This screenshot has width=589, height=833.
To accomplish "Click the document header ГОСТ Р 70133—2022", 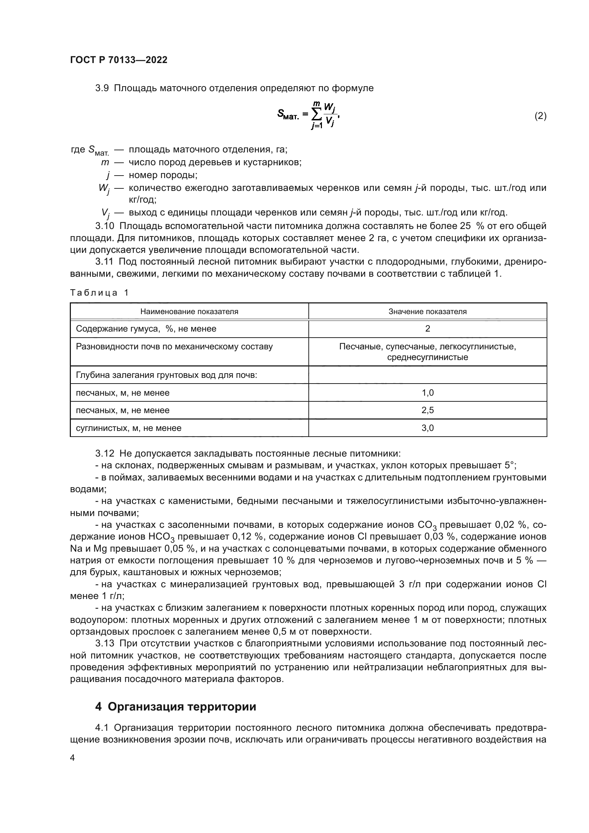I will (119, 60).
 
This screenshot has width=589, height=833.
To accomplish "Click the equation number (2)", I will (540, 116).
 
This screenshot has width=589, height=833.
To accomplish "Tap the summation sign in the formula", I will (316, 115).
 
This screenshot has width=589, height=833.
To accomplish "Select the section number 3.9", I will (102, 88).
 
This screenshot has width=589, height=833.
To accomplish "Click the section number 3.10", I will (104, 226).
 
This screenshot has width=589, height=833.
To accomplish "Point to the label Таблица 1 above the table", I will (99, 293).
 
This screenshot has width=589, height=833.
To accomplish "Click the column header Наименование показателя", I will (189, 311).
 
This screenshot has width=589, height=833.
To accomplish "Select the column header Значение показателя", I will (427, 311).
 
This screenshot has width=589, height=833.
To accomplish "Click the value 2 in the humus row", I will (427, 329).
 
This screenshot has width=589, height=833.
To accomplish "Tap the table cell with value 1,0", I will (427, 392).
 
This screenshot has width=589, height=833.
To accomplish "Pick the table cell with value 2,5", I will (427, 410).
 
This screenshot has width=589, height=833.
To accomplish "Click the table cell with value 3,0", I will (427, 428).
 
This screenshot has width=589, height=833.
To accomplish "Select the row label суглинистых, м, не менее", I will (129, 428).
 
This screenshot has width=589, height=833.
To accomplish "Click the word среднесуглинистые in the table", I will (427, 357).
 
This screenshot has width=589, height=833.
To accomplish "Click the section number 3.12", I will (104, 453).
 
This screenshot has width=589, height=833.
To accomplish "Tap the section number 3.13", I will (104, 643).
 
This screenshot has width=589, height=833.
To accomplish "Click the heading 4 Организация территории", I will (176, 707).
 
